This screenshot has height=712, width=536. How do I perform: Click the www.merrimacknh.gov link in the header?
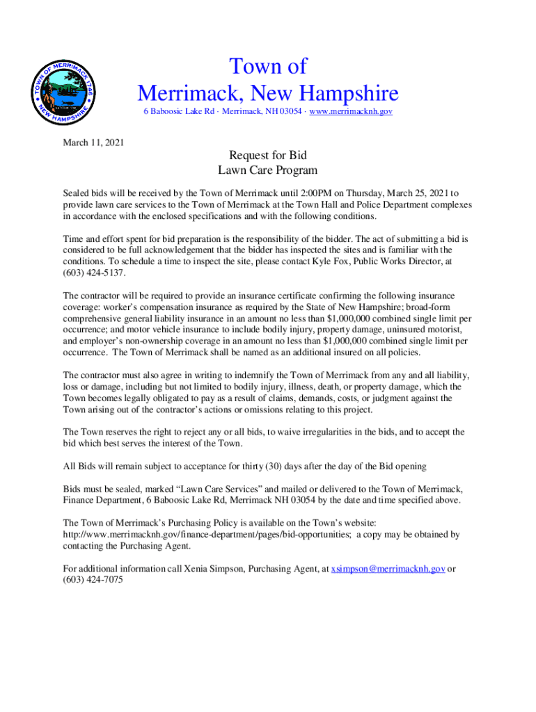pyautogui.click(x=352, y=111)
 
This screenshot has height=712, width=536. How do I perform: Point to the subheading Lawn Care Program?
pyautogui.click(x=268, y=170)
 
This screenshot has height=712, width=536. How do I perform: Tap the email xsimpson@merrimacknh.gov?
pyautogui.click(x=388, y=568)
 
